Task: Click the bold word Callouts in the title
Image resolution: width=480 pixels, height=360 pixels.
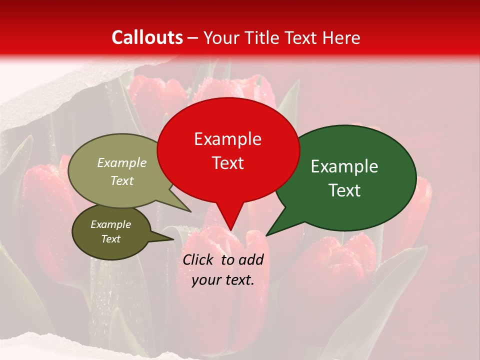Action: click(147, 37)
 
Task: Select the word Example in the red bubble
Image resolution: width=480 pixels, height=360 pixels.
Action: click(227, 139)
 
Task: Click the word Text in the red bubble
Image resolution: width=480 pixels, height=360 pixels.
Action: click(227, 163)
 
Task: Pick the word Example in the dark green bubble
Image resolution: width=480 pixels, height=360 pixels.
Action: click(344, 166)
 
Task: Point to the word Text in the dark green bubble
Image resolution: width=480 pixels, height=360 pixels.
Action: click(344, 190)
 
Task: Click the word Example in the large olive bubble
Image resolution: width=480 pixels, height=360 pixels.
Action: click(122, 163)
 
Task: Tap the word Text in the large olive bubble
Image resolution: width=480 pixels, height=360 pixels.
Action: click(122, 180)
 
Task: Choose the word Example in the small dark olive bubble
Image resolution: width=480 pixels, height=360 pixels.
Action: click(110, 224)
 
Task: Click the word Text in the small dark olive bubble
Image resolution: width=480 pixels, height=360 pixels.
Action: click(110, 239)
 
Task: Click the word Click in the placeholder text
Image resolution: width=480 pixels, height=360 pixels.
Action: click(199, 259)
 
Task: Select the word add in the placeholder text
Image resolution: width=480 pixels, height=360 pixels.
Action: click(251, 259)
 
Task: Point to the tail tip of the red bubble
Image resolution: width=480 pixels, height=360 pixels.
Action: click(230, 230)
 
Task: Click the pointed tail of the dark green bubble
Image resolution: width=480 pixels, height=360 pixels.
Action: click(266, 235)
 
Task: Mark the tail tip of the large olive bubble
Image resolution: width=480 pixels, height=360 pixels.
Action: click(190, 211)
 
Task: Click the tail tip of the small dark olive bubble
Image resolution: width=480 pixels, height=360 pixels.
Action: click(173, 239)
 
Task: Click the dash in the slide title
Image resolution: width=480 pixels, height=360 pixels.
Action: click(193, 37)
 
